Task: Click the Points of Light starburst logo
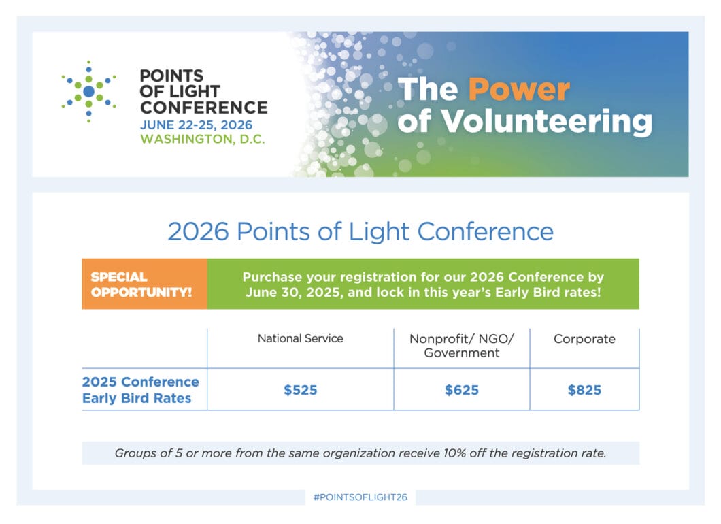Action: [88, 92]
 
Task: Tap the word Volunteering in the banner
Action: [546, 122]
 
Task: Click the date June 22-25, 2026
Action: [197, 125]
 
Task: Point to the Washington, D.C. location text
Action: [203, 139]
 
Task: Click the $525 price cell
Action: [300, 390]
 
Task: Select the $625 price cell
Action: [462, 390]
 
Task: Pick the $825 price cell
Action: [584, 390]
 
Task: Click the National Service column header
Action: [300, 339]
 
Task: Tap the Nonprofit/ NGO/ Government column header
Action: [462, 346]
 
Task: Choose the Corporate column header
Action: [584, 339]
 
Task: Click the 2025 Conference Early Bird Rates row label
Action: [141, 390]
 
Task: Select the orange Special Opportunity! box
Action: [144, 284]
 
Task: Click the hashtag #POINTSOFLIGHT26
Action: [360, 497]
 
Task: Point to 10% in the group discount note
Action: [454, 453]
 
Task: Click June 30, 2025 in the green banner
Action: [295, 293]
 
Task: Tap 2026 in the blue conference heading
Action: [198, 231]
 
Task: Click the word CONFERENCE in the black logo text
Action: [203, 108]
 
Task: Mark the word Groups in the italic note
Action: [135, 453]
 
